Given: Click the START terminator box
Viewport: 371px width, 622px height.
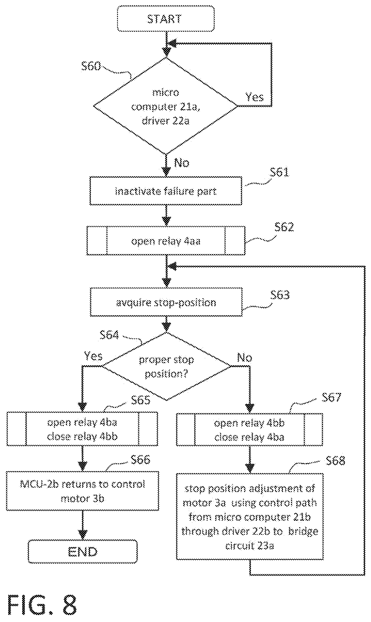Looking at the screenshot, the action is coord(166,19).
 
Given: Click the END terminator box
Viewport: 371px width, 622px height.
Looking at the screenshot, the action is coord(83,552).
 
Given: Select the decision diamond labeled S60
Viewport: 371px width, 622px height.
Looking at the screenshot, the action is coord(165,106).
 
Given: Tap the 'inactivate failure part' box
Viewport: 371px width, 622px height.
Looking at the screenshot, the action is coord(166,191).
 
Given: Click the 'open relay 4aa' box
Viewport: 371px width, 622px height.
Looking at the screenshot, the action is coord(166,241).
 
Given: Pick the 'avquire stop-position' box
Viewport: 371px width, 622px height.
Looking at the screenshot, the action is coord(166,302).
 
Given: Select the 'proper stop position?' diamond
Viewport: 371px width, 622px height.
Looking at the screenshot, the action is coord(166,366).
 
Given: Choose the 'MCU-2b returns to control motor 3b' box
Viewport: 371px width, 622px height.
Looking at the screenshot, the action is coord(82,491).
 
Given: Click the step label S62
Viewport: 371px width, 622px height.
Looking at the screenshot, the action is coord(284,227).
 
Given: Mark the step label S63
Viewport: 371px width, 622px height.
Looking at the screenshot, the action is coord(280,295).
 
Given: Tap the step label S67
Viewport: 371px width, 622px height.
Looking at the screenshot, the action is coord(332,397).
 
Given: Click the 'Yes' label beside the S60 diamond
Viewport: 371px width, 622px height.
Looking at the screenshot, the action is coord(255,97).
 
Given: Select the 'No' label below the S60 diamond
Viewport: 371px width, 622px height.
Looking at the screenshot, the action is coord(182,163).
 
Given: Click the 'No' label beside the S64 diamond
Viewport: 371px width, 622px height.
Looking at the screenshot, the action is coord(245,358).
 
